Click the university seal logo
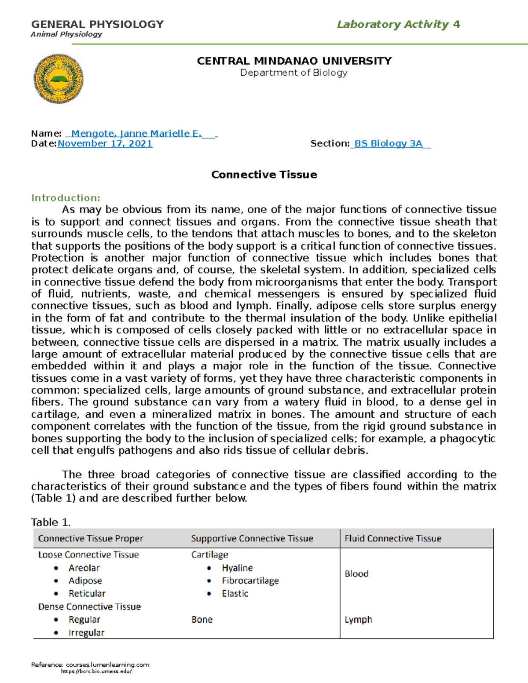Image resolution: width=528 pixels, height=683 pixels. coord(59,79)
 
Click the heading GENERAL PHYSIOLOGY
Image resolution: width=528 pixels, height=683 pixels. coord(97,24)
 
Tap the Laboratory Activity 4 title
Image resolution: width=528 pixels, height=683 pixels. coord(398,24)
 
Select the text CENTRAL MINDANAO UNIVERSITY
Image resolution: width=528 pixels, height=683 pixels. coord(294,61)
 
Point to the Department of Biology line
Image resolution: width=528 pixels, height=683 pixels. coord(293,73)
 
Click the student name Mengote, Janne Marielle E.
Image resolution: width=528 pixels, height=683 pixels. coord(136,133)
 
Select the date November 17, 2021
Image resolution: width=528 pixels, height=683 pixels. coord(105,143)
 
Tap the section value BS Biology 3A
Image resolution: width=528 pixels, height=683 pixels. coord(389,143)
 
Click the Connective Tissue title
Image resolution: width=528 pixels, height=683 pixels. coord(264,175)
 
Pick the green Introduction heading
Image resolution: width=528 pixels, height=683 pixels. coord(66,198)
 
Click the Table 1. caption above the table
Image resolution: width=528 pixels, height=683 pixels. coord(51,522)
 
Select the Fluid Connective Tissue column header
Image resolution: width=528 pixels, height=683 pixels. coord(393,538)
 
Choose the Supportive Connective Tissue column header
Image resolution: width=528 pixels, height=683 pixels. coord(252,538)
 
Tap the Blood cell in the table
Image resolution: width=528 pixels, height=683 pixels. coord(356,573)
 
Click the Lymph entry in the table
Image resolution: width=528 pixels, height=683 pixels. coord(358,619)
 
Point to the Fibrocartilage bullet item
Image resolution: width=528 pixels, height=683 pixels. coord(250,581)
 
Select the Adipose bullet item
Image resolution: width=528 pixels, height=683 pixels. coord(85,581)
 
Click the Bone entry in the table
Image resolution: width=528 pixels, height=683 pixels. coord(202,619)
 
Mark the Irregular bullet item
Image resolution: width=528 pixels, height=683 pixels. coord(86,632)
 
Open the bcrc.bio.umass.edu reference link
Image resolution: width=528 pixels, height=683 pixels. coord(96,671)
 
